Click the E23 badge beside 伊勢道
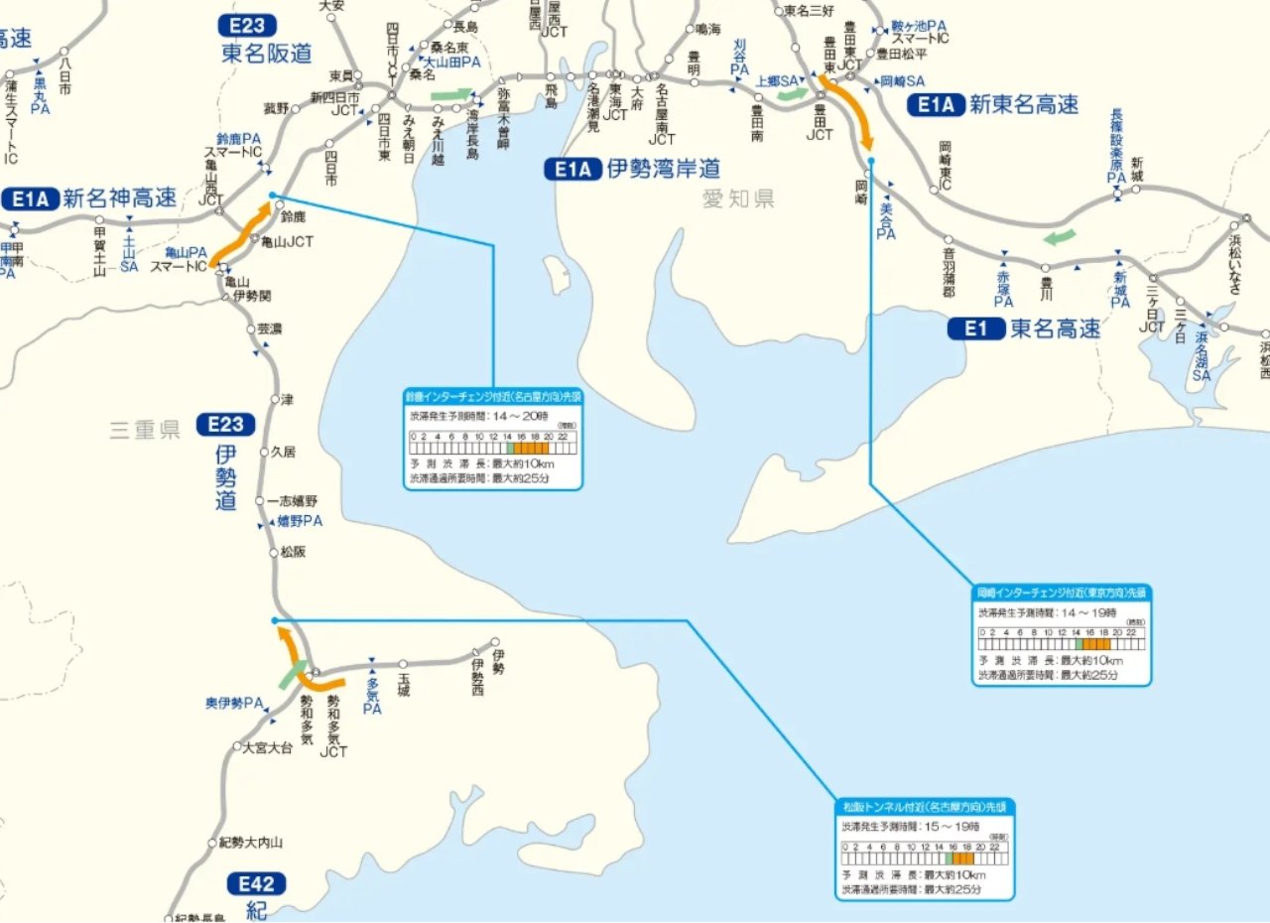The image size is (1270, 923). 225,425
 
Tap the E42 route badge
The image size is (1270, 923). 256,883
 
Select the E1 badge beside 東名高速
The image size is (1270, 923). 976,329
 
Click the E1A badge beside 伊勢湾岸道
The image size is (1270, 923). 573,170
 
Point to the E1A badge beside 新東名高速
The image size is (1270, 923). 936,104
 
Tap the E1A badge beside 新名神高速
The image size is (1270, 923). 31,198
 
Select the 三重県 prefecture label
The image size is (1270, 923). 145,430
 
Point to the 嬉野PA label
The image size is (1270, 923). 300,520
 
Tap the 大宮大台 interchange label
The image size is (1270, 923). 268,747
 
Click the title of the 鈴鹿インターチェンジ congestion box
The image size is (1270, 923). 493,395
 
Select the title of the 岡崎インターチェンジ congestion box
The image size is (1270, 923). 1062,593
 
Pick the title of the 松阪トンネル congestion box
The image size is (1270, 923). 925,806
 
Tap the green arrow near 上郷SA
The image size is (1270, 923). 792,94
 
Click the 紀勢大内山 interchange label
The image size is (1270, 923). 251,843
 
